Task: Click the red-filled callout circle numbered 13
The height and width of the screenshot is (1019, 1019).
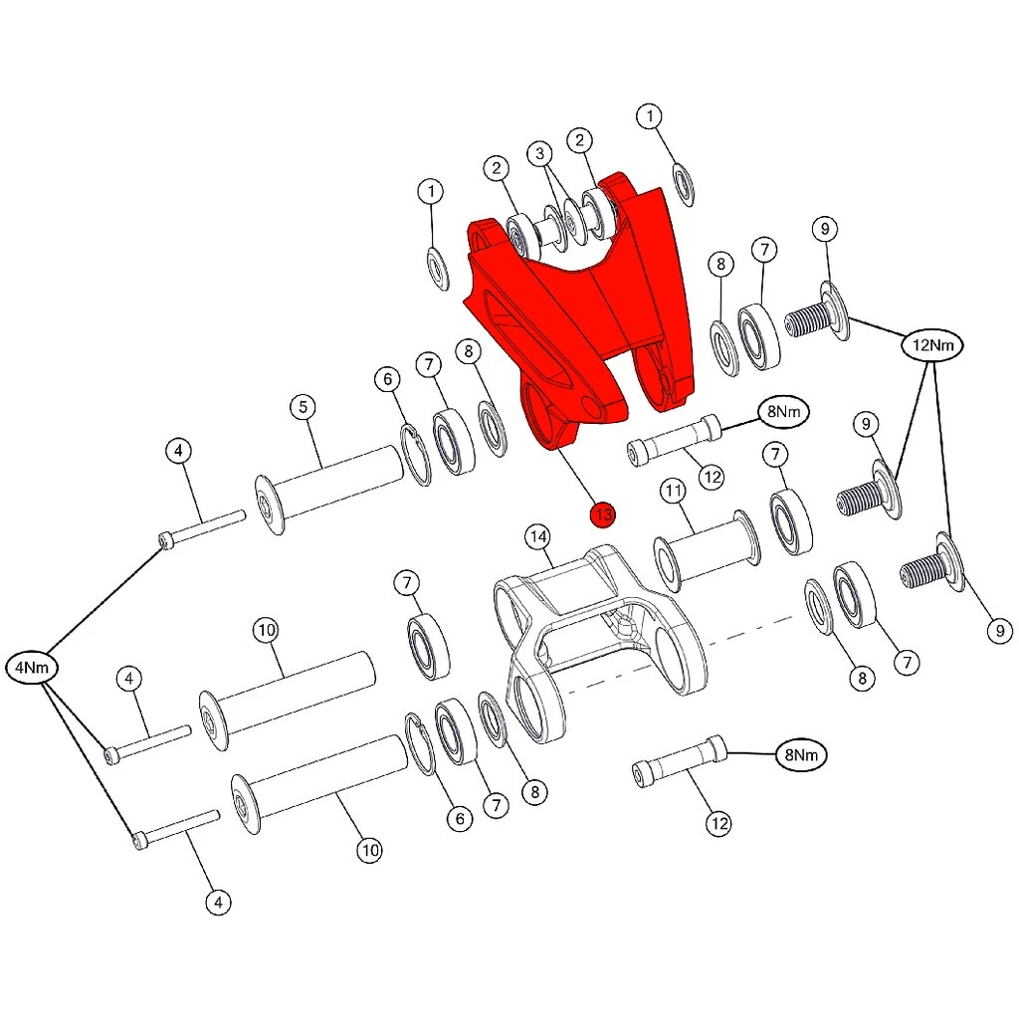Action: [602, 514]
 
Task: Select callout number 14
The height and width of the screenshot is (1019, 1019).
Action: [538, 536]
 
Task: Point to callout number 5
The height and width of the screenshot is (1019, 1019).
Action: [303, 407]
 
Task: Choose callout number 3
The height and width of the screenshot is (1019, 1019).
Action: [539, 153]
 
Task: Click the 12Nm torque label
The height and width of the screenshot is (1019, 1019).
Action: [932, 345]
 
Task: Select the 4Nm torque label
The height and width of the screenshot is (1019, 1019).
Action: [32, 668]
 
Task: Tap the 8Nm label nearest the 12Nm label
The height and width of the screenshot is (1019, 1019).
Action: [784, 411]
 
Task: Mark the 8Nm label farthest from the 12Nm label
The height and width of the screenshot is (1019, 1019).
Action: [801, 754]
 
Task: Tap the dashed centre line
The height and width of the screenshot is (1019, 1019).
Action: [679, 652]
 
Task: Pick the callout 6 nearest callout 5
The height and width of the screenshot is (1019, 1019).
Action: [387, 379]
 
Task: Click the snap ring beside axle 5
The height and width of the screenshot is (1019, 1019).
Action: [415, 455]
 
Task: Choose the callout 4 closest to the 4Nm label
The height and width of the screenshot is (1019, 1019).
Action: [128, 679]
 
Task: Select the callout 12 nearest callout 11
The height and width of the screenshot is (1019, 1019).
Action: [713, 478]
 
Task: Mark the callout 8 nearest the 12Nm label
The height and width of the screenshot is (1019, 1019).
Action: [720, 264]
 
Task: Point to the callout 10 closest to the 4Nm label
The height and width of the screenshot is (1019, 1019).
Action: [267, 630]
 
